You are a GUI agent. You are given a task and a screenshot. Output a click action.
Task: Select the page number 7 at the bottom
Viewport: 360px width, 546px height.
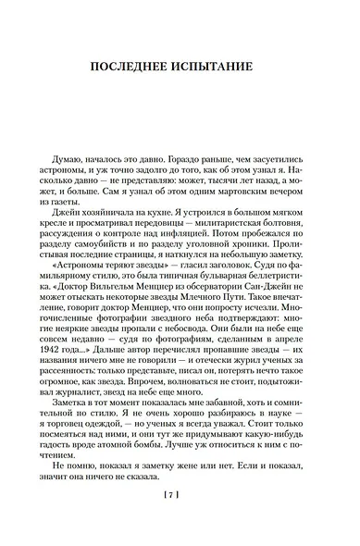tap(180, 521)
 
